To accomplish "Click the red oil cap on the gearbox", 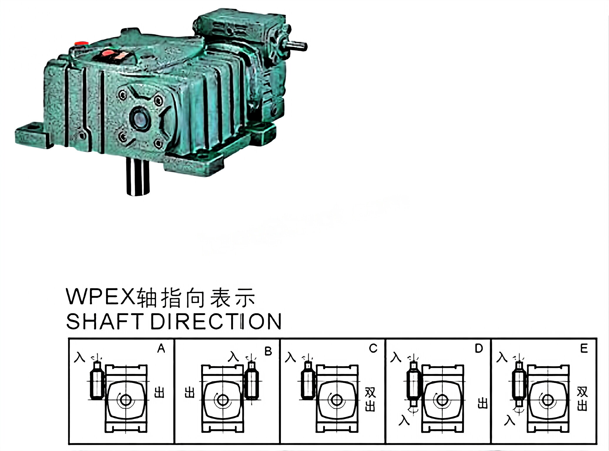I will click(x=81, y=43).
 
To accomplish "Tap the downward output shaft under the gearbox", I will click(x=137, y=177).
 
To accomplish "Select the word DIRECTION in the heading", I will click(x=216, y=321).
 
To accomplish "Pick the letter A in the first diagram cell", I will click(x=161, y=349).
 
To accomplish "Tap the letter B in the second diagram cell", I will click(x=268, y=351).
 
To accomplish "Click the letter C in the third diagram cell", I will click(x=373, y=349).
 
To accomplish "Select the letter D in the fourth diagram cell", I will click(x=479, y=349).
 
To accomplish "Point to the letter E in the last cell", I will click(x=584, y=349).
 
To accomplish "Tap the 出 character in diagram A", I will click(x=159, y=392).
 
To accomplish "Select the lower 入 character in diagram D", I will click(x=404, y=420).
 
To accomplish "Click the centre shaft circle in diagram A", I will click(x=126, y=400).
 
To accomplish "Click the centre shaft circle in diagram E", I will click(x=548, y=400).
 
